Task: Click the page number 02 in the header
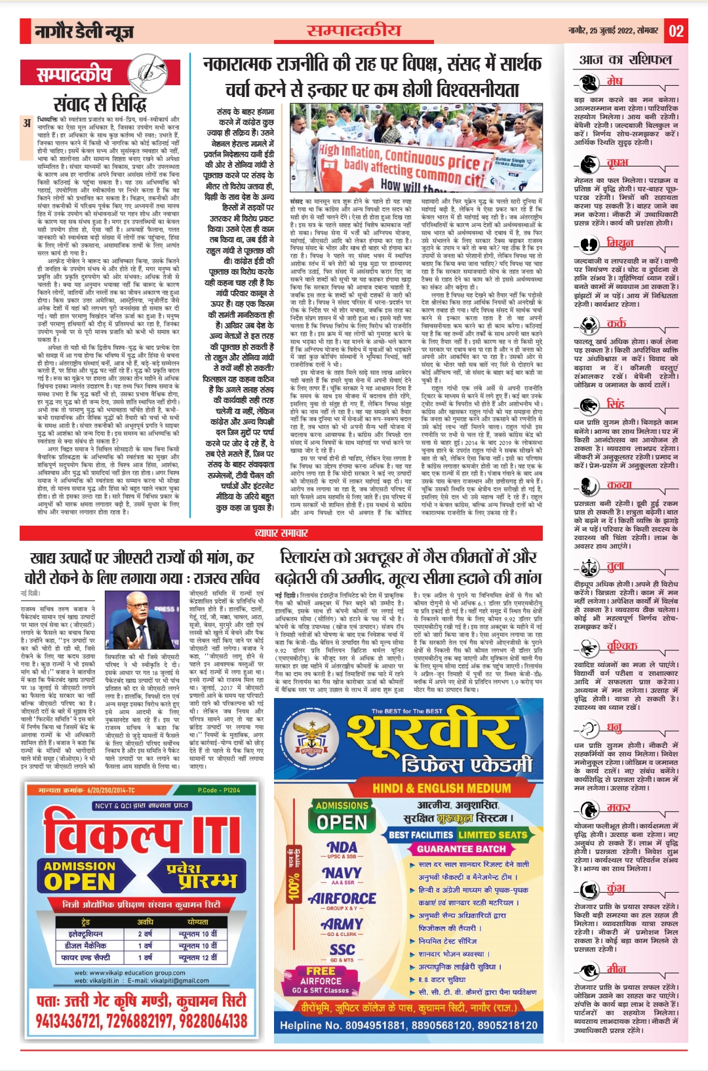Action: pos(676,31)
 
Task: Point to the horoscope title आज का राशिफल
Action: pos(625,60)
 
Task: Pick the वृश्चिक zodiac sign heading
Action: pos(621,646)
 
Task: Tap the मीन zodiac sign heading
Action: pos(616,969)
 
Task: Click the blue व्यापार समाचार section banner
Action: pos(281,533)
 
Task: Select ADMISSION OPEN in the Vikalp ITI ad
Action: pos(79,875)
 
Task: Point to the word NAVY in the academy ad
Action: pos(342,873)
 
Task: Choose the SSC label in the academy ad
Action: pos(342,950)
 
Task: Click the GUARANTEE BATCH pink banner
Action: pos(462,848)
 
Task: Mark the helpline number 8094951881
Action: pos(369,1025)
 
